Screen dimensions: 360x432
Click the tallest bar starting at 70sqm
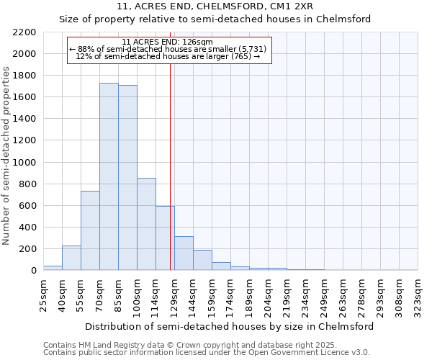pyautogui.click(x=109, y=176)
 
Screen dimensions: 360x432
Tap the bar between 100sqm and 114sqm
pyautogui.click(x=146, y=224)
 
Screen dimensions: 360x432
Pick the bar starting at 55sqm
pyautogui.click(x=90, y=230)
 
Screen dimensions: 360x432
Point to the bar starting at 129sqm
pyautogui.click(x=184, y=253)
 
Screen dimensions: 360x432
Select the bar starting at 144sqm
pyautogui.click(x=202, y=260)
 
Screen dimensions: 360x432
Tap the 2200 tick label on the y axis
pyautogui.click(x=24, y=32)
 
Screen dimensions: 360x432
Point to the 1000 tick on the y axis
pyautogui.click(x=24, y=163)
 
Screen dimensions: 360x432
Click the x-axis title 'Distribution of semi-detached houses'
pyautogui.click(x=229, y=326)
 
